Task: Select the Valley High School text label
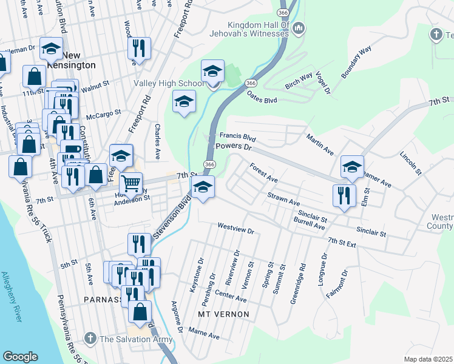tap(169, 83)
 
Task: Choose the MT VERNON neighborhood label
tap(224, 314)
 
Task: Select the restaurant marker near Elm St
tap(343, 196)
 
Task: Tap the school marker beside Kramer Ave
tap(352, 167)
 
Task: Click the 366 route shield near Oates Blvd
tap(250, 82)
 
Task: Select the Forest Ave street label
tap(263, 172)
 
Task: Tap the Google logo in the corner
tap(20, 357)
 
